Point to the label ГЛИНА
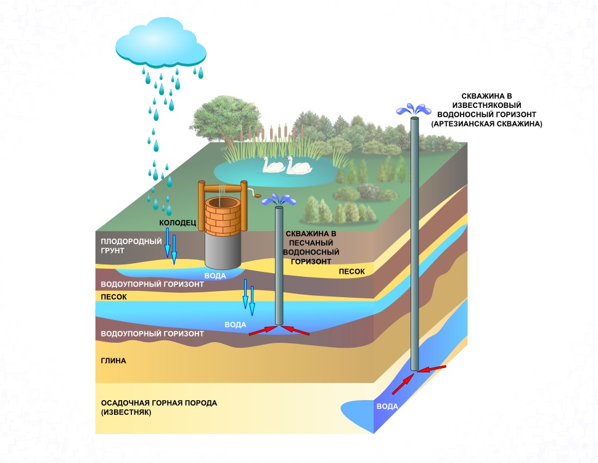tap(113, 361)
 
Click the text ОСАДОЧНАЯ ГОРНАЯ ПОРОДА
tap(158, 403)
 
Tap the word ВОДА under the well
tap(215, 276)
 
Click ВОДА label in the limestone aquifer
tap(387, 407)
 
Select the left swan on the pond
tap(272, 165)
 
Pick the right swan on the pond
tap(297, 165)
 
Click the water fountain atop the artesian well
tap(414, 110)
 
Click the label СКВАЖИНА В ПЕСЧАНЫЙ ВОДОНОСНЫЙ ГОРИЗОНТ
tap(311, 248)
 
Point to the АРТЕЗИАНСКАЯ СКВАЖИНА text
tap(486, 124)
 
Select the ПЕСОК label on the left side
tap(114, 297)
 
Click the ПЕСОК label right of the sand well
tap(351, 271)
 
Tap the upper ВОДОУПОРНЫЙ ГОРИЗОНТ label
tap(152, 285)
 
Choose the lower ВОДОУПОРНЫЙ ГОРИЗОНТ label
tap(152, 334)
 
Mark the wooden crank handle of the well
tap(256, 196)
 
